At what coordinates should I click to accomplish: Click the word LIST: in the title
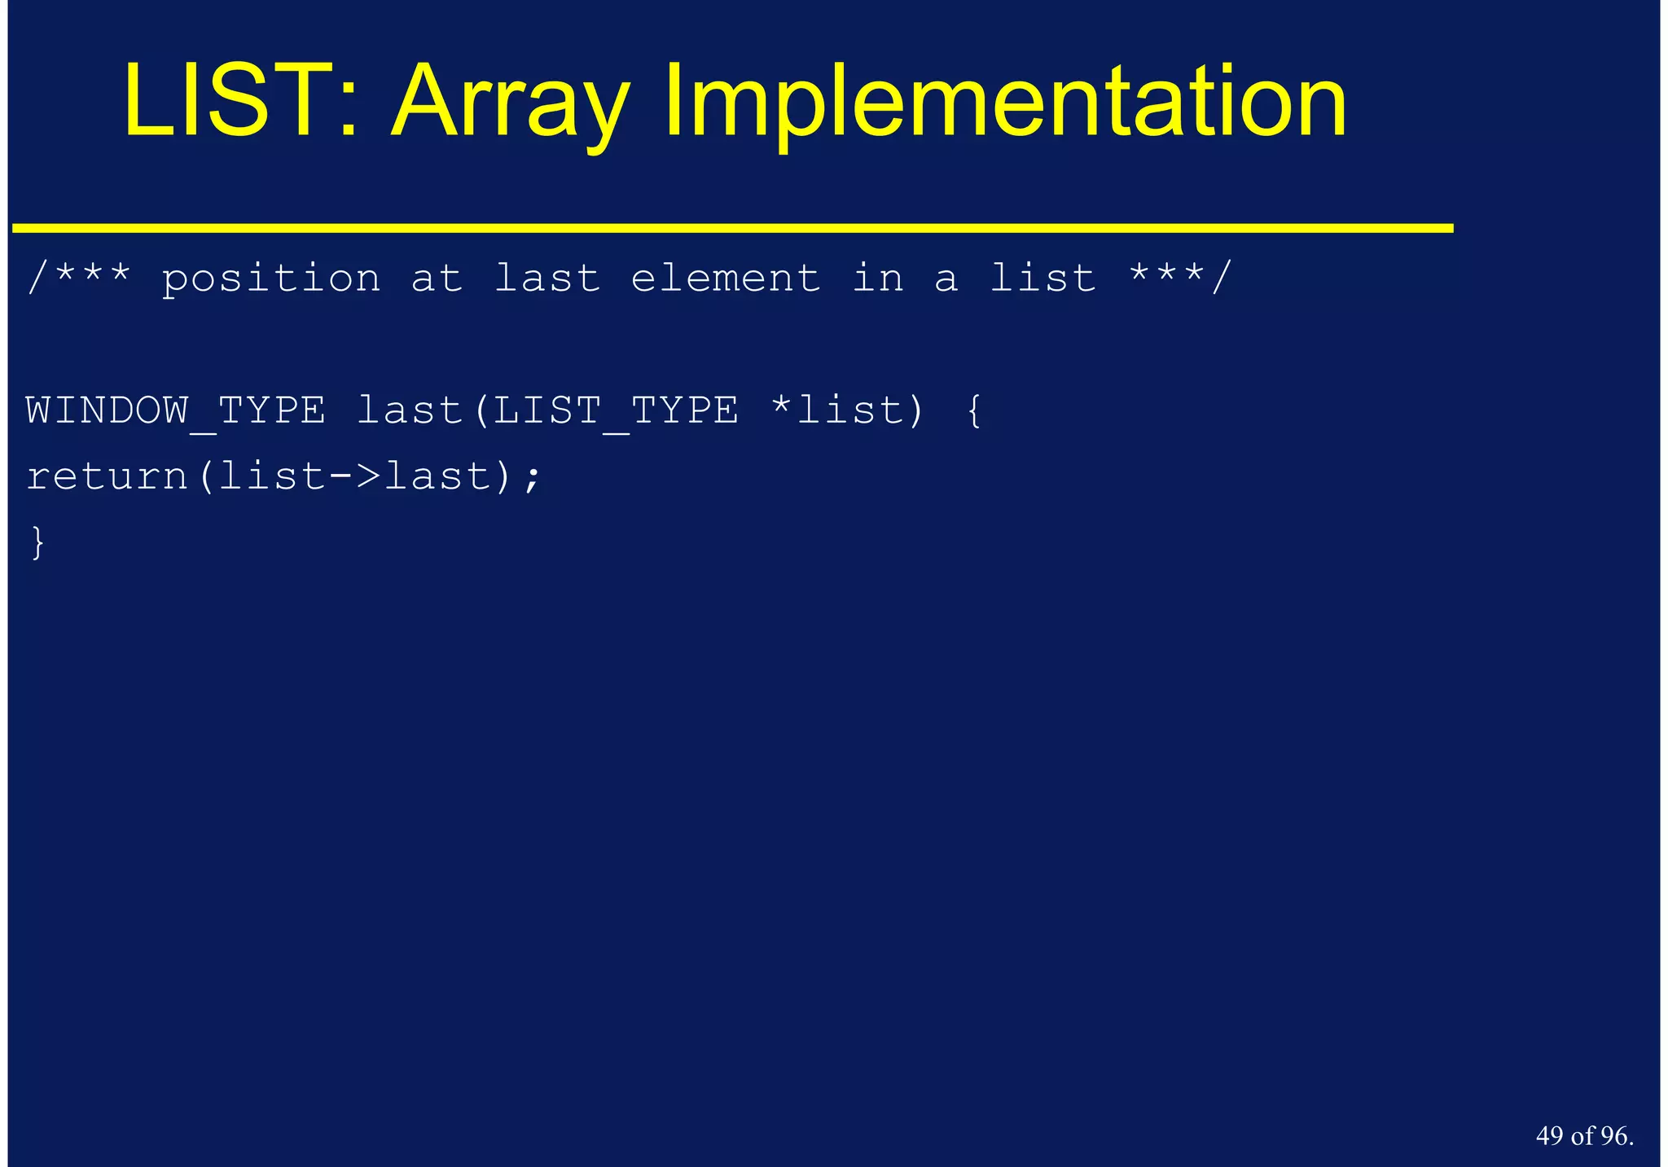(x=240, y=102)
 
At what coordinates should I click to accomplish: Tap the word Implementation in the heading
(x=1005, y=104)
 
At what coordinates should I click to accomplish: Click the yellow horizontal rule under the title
(x=733, y=229)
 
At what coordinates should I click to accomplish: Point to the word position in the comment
(x=271, y=279)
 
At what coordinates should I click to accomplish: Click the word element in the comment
(x=725, y=279)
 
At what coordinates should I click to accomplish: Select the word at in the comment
(x=437, y=279)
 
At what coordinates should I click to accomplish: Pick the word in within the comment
(x=878, y=279)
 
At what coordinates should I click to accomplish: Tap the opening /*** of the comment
(x=78, y=278)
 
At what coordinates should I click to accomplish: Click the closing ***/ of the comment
(x=1180, y=278)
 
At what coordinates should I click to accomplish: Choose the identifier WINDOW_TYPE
(x=176, y=410)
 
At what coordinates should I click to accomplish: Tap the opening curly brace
(x=974, y=410)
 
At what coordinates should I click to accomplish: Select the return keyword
(x=108, y=477)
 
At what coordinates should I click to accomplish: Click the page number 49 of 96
(x=1584, y=1136)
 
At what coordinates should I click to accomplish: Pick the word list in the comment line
(x=1042, y=279)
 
